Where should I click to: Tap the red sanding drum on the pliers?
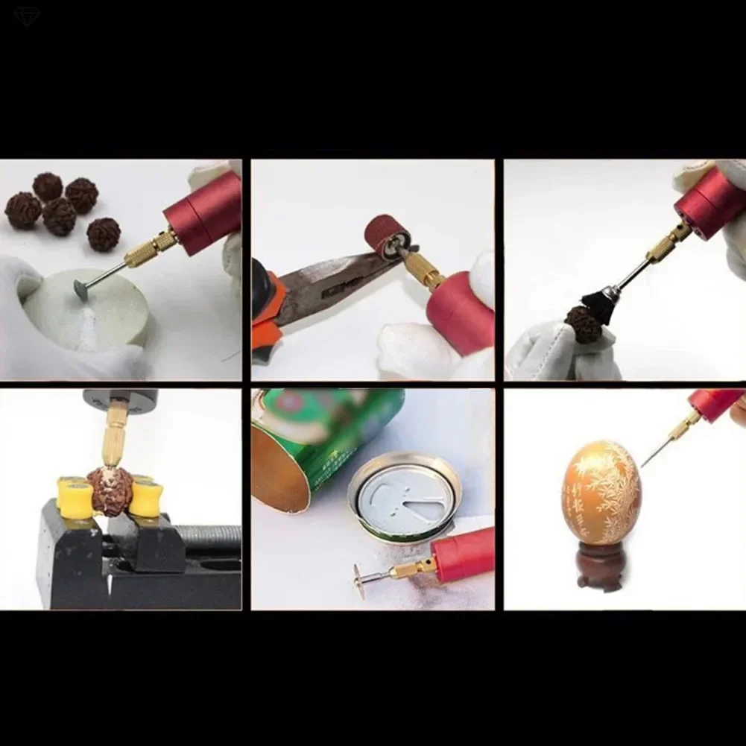pos(384,236)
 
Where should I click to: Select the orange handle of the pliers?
pos(265,320)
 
